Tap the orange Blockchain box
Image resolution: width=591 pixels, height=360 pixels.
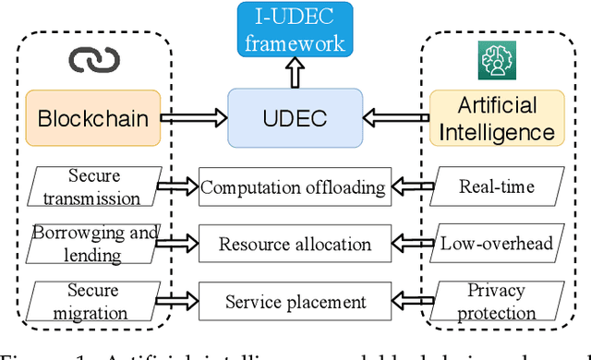91,119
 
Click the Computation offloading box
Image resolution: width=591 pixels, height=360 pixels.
293,187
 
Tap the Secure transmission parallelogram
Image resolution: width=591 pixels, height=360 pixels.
92,186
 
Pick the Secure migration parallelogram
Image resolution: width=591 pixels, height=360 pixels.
92,302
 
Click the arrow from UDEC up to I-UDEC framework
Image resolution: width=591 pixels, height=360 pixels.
293,72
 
